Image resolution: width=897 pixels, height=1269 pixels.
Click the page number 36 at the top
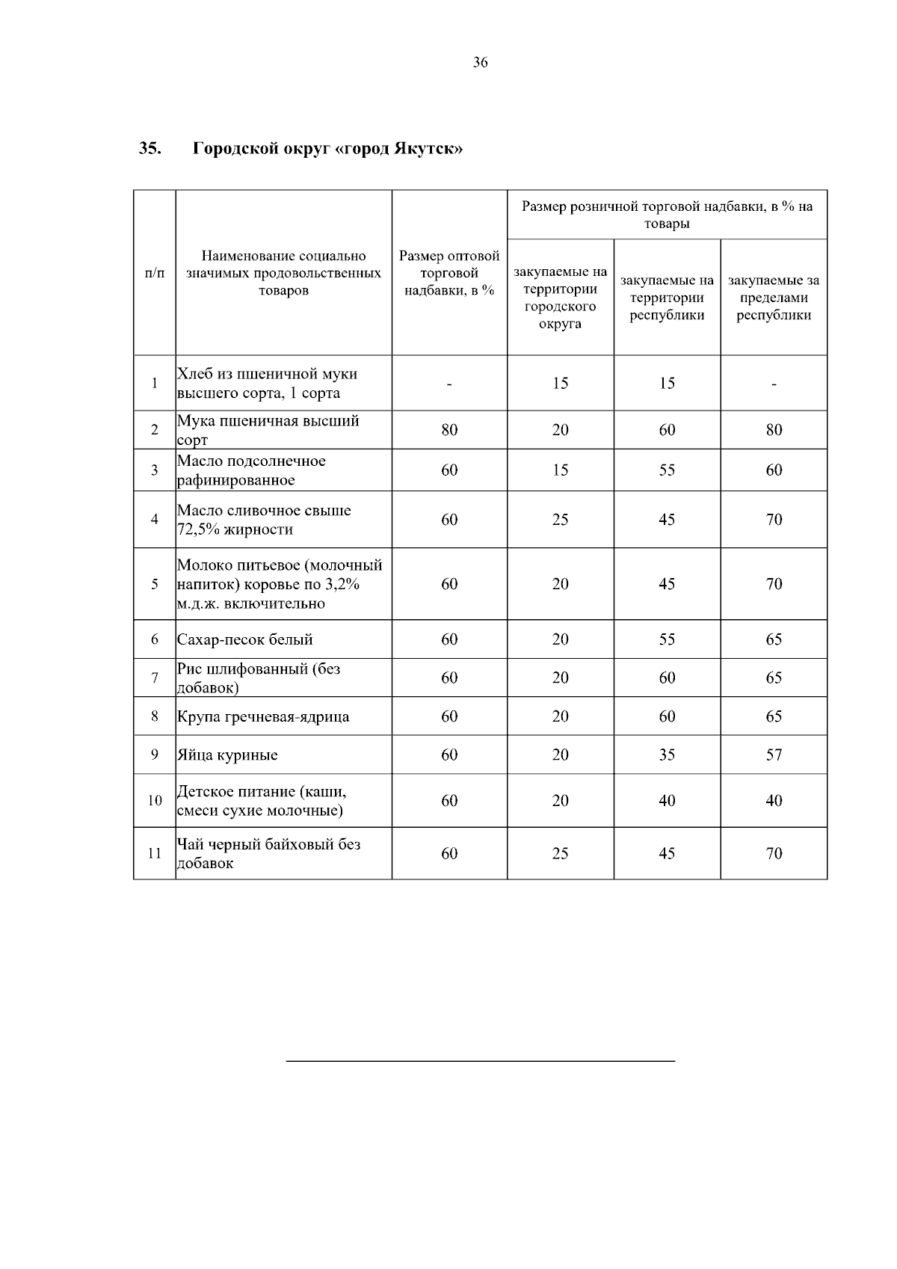tap(480, 63)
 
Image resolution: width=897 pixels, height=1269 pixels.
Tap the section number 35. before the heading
tap(149, 148)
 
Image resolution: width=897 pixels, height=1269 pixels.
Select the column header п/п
tap(155, 273)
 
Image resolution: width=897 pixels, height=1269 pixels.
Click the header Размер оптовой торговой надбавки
tap(449, 273)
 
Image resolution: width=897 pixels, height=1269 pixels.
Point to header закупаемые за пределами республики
tap(774, 298)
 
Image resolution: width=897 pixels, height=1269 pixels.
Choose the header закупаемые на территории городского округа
tap(561, 298)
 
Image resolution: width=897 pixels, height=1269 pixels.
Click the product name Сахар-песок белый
tap(245, 639)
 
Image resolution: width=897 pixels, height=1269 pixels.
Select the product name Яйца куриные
tap(227, 755)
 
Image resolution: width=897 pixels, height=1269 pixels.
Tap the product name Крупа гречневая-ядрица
tap(263, 716)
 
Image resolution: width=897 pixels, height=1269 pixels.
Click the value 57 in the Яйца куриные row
tap(774, 755)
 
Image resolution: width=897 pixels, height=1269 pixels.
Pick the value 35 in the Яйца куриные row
tap(667, 755)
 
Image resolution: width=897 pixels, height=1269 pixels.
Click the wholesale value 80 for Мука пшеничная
tap(449, 430)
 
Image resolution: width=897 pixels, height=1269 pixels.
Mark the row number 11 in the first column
tap(155, 853)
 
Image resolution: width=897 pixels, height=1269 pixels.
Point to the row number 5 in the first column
tap(155, 584)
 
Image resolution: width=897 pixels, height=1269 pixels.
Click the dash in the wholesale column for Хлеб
tap(449, 384)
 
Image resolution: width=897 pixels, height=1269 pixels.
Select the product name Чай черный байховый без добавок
tap(268, 853)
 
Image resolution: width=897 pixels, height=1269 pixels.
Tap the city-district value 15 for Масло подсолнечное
tap(561, 470)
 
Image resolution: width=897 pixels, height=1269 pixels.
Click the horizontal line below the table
tap(480, 1060)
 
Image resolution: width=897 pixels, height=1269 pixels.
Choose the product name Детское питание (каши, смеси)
tap(262, 801)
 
